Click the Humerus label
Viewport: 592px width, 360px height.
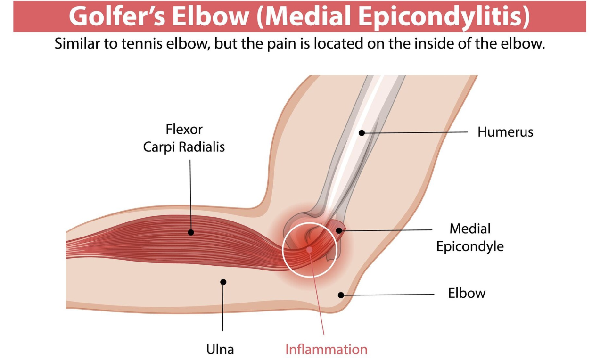(505, 132)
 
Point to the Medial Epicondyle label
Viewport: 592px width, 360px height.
(470, 237)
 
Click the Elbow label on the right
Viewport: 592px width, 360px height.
(467, 293)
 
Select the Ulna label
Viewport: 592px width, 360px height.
(220, 350)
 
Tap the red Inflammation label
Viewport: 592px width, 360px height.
(326, 350)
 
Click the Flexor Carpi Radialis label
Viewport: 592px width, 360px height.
(184, 138)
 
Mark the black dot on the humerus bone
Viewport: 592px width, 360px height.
(362, 133)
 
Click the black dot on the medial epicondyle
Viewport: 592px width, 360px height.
(339, 230)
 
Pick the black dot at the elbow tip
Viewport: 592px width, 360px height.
(341, 295)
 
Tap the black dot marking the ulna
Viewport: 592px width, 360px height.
(223, 282)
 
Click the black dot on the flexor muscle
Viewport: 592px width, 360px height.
(190, 232)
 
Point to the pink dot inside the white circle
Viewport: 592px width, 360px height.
(309, 249)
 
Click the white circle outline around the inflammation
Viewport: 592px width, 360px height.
(283, 250)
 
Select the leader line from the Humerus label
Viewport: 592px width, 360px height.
(415, 132)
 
